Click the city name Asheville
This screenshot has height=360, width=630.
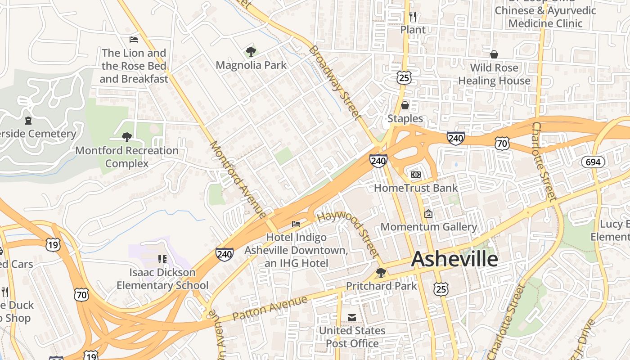tap(454, 260)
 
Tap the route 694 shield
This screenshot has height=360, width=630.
tap(593, 162)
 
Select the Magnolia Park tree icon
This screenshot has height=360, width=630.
tap(251, 52)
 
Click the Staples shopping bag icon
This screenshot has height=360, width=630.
tap(405, 105)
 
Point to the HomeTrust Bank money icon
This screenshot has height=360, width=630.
tap(415, 174)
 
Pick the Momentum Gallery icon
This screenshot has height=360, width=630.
tap(428, 214)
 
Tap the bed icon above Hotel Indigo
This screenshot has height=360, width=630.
tap(296, 224)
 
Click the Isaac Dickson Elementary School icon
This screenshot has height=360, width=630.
tap(162, 259)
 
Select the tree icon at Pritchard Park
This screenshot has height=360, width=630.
tap(381, 272)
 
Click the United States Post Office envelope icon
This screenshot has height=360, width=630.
tap(352, 318)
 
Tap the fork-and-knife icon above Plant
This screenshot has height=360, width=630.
tap(413, 17)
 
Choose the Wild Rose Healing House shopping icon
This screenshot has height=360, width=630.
tap(494, 54)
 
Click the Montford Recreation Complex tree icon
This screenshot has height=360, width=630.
tap(127, 137)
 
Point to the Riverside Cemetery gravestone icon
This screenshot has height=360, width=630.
tap(28, 121)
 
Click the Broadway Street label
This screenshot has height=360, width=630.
tap(336, 83)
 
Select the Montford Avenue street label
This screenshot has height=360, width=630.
tap(238, 180)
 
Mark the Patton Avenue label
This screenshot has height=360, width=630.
tap(270, 308)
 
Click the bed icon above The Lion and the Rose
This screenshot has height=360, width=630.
tap(134, 40)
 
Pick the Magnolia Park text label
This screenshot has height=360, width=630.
tap(251, 65)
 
